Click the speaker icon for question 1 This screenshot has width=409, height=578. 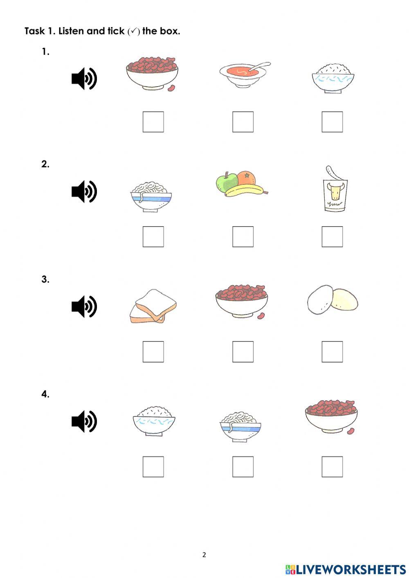click(x=84, y=79)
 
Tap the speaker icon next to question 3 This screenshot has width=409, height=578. click(x=84, y=306)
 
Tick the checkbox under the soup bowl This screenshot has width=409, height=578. click(x=243, y=122)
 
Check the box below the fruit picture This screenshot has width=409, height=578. click(x=243, y=236)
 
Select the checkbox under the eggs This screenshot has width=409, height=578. click(x=332, y=351)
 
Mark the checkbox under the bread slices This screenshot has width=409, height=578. click(x=153, y=351)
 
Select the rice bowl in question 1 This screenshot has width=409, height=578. click(x=333, y=78)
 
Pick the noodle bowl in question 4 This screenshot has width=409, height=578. click(x=240, y=427)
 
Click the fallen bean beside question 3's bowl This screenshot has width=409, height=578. click(x=261, y=316)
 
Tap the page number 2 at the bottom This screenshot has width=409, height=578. click(x=204, y=555)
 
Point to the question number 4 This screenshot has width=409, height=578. click(x=45, y=394)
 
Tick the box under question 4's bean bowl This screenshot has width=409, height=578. click(x=332, y=466)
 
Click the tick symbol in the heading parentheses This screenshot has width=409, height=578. click(x=133, y=31)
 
